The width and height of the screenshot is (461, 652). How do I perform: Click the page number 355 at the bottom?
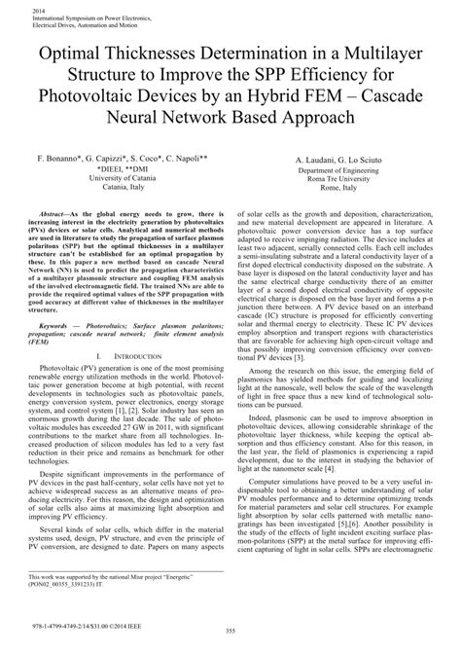point(230,634)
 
